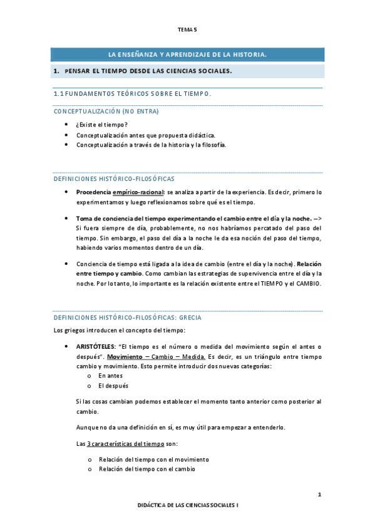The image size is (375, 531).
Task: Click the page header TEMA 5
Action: coord(187,29)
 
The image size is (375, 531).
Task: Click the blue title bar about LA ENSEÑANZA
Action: coord(187,55)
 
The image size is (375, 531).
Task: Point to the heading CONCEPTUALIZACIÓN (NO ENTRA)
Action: coord(106,111)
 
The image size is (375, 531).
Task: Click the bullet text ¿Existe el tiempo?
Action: coord(102,125)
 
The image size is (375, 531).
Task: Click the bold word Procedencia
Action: coord(94,192)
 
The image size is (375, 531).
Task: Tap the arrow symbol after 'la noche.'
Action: coord(318,218)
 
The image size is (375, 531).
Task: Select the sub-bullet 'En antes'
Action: coord(110,376)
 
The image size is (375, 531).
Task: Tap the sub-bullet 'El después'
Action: coord(113,386)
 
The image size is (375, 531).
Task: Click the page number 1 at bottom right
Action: coord(319,495)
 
